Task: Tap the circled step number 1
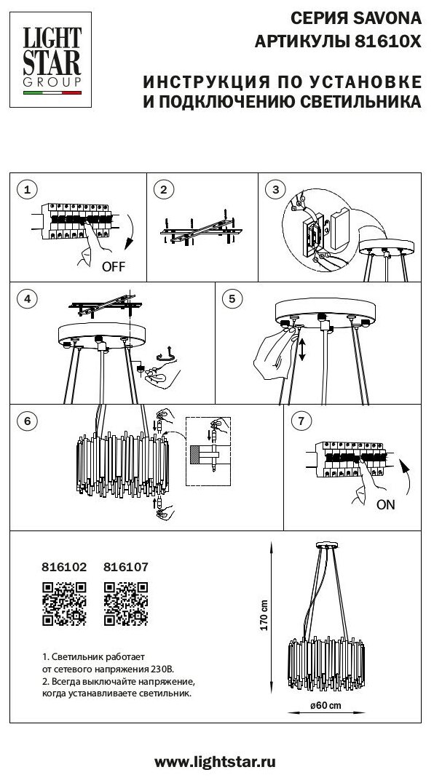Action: pos(27,189)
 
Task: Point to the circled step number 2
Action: pos(163,189)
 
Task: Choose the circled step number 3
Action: pos(275,189)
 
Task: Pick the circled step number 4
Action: pos(27,298)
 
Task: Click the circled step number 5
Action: pos(232,298)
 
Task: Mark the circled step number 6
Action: pos(27,421)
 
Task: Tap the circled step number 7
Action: pos(301,421)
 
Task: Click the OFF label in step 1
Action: pos(114,266)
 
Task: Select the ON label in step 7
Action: pos(385,504)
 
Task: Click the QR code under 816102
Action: pos(64,604)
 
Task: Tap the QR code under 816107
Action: pos(126,604)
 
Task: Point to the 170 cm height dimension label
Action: pos(264,615)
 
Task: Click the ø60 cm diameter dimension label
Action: pos(325,706)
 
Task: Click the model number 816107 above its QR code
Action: pos(126,568)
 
